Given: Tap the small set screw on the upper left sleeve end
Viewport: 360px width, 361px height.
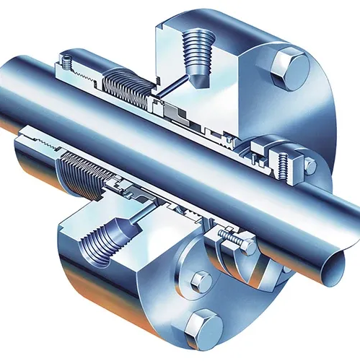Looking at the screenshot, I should (x=66, y=64).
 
